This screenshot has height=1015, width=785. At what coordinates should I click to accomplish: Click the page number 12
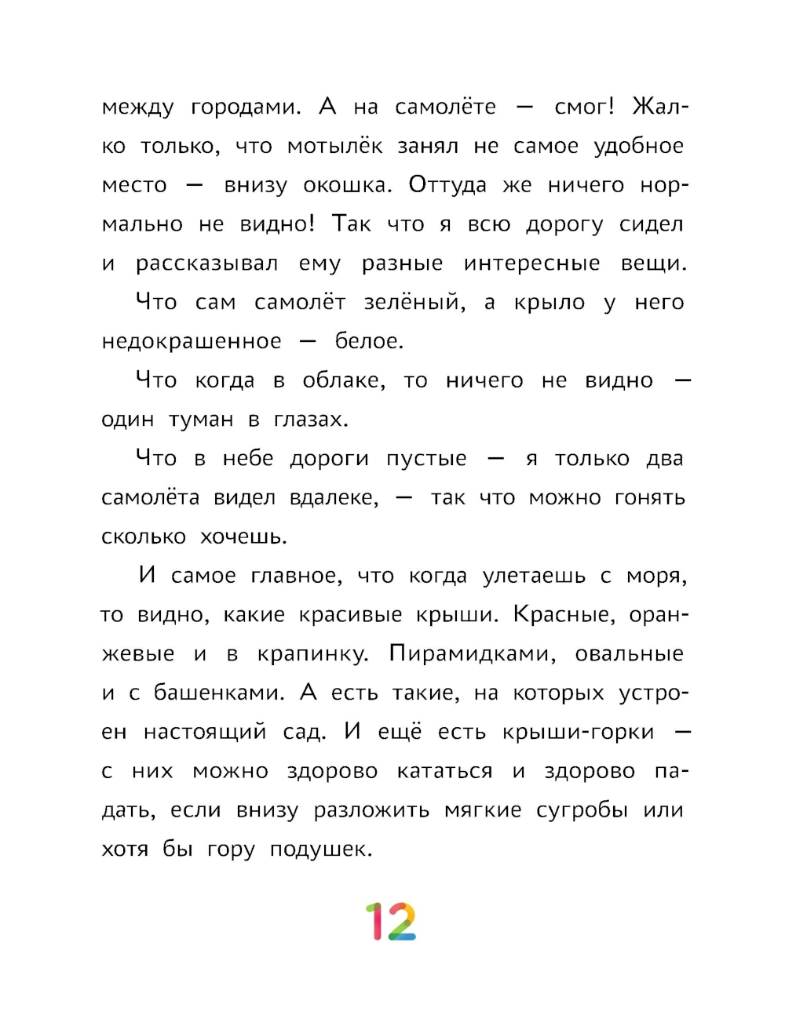click(x=390, y=922)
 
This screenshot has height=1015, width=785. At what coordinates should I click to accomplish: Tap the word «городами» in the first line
click(x=246, y=107)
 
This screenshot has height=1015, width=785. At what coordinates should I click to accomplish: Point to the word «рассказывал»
click(x=206, y=264)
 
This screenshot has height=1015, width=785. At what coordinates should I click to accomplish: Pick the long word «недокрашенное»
click(x=192, y=342)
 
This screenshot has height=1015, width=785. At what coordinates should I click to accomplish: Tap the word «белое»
click(x=369, y=342)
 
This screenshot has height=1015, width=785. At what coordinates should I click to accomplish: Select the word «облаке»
click(x=344, y=381)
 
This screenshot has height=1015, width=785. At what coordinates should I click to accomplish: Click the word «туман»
click(x=201, y=420)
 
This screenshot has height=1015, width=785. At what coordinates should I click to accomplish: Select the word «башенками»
click(x=219, y=693)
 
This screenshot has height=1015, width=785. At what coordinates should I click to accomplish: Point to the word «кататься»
click(x=444, y=772)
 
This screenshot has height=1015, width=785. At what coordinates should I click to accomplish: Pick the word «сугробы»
click(x=582, y=811)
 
